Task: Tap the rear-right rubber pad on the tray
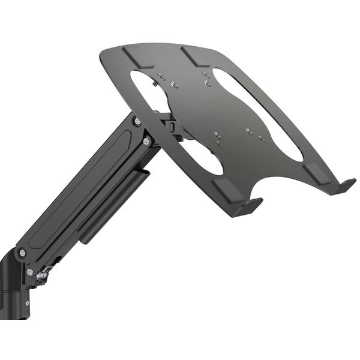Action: tap(194, 56)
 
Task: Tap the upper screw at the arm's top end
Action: tap(137, 121)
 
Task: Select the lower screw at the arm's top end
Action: tap(146, 141)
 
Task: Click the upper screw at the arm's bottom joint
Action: tap(22, 253)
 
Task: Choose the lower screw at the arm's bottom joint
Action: tap(30, 272)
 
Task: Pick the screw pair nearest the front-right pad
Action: tap(255, 135)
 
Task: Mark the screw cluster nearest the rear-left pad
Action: tap(167, 80)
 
